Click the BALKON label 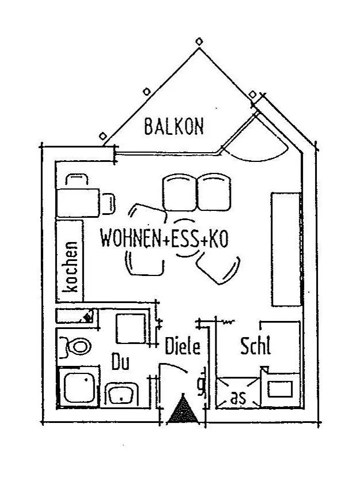tap(173, 126)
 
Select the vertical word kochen tap(71, 267)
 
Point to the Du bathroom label tap(120, 363)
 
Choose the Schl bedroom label tap(255, 347)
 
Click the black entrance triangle tap(182, 411)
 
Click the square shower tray tap(79, 387)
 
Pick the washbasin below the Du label tap(122, 396)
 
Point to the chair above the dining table tap(77, 179)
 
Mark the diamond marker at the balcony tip tap(199, 41)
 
